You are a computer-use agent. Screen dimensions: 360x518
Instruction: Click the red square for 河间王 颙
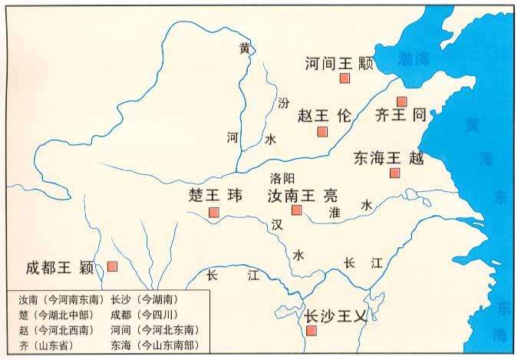point(345,79)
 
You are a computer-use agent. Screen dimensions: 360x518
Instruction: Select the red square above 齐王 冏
point(401,101)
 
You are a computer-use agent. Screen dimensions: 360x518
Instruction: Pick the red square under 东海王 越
point(394,173)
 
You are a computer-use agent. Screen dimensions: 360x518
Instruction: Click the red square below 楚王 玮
point(214,212)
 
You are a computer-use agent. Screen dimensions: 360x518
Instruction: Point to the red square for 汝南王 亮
point(297,210)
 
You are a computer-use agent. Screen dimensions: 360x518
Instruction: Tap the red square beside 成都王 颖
point(112,266)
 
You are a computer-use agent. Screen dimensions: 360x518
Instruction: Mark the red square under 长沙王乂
point(311,331)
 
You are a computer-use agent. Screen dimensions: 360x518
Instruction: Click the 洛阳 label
point(282,177)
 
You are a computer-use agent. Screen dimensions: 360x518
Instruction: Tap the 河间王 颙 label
point(338,63)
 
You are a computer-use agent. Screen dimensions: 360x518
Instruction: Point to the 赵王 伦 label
point(323,116)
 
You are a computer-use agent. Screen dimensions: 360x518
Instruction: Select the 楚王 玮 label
point(215,195)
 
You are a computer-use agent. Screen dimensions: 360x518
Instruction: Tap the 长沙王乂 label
point(335,315)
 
